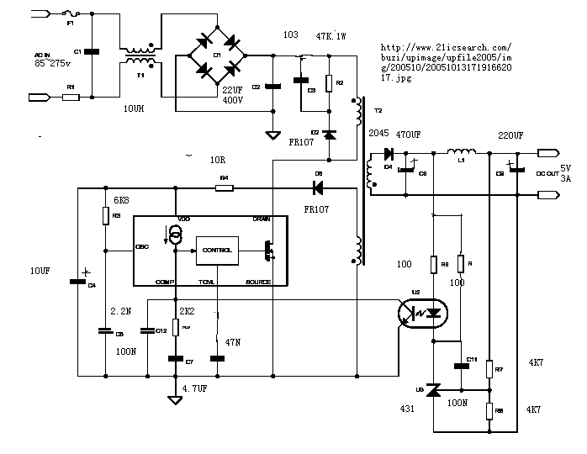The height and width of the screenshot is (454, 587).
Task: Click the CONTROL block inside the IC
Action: tap(217, 250)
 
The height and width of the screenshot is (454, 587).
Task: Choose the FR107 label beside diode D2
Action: tap(300, 142)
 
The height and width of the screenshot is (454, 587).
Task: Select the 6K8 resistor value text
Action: tap(121, 201)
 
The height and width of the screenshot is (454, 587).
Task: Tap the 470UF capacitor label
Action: tap(409, 135)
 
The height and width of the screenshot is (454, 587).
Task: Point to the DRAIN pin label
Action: tap(262, 219)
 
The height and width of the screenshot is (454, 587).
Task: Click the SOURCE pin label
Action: tap(258, 282)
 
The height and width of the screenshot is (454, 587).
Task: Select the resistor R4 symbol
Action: tap(224, 188)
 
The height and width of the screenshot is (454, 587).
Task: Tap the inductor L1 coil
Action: tap(463, 152)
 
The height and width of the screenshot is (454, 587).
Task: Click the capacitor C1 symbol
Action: tap(90, 52)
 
